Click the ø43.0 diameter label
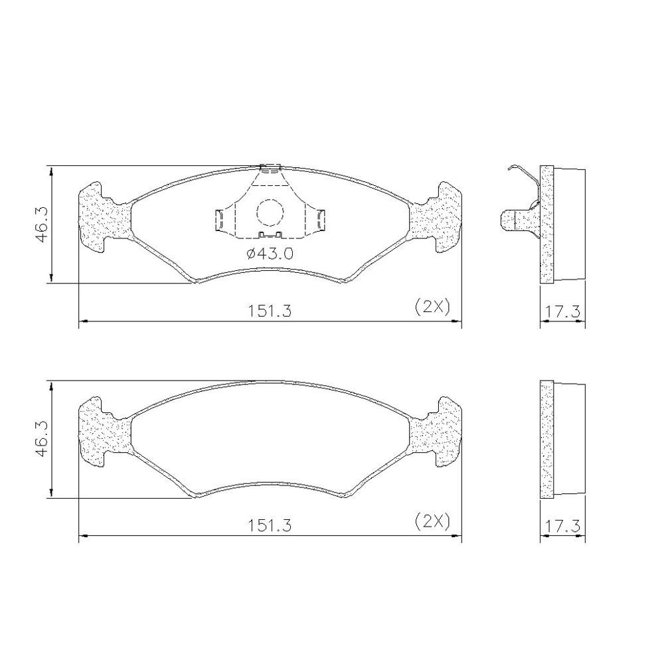click(x=270, y=254)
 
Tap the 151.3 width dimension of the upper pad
click(x=270, y=311)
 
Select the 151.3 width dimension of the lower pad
click(x=270, y=525)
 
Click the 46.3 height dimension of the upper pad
click(x=41, y=224)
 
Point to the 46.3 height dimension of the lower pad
click(x=41, y=439)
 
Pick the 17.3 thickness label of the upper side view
click(x=562, y=312)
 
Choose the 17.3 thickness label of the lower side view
click(x=562, y=527)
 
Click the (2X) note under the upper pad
click(x=432, y=306)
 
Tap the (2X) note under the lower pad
click(x=432, y=521)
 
